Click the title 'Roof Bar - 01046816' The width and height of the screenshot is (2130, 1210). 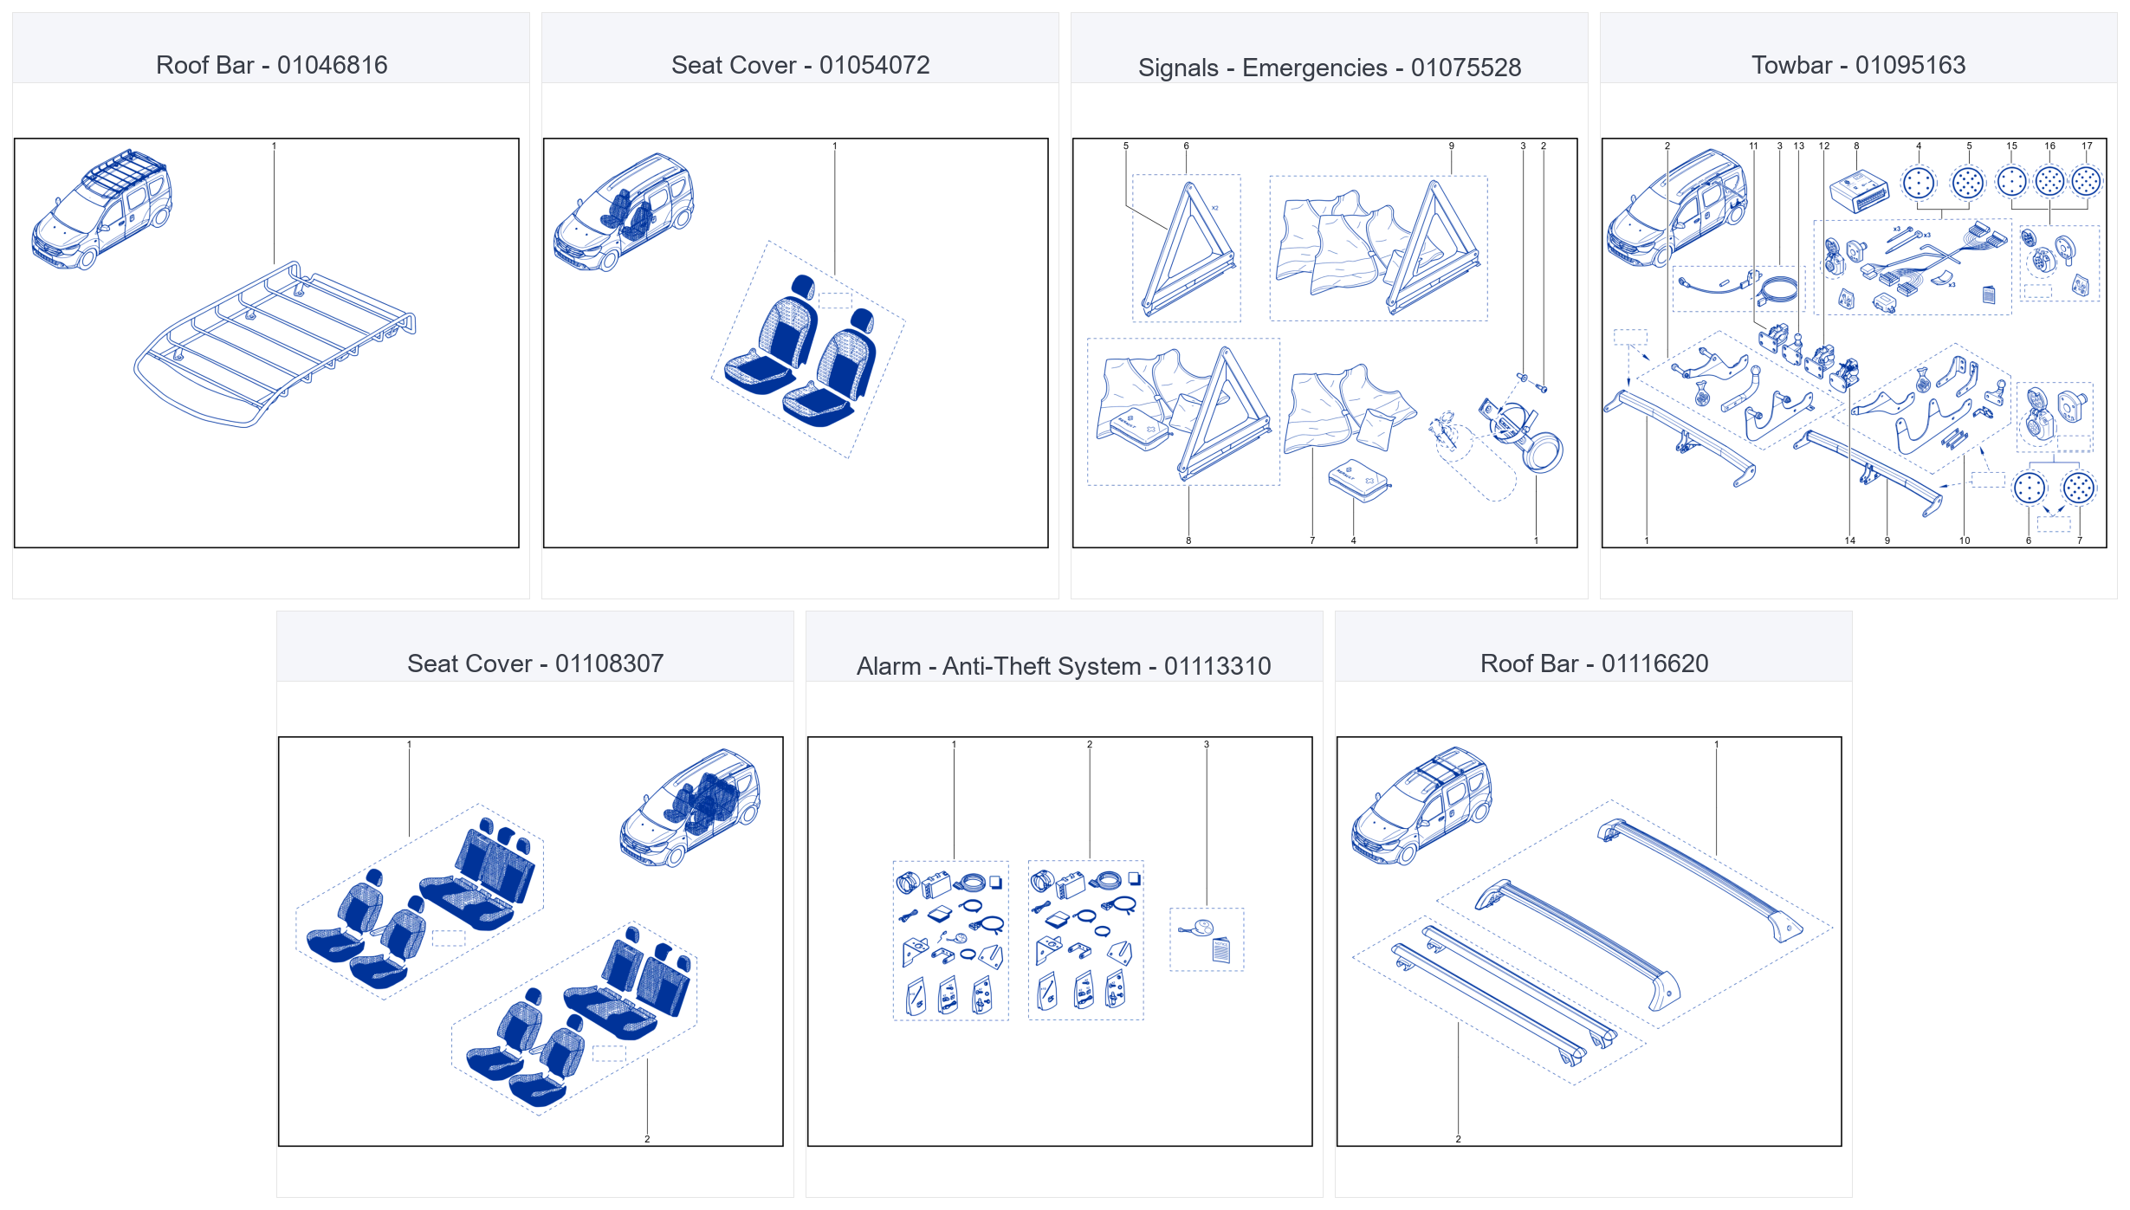[271, 65]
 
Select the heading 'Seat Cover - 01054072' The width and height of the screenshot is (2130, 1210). [800, 65]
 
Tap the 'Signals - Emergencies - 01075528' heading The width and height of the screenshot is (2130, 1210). [1330, 68]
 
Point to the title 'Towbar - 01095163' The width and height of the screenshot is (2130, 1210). [1858, 65]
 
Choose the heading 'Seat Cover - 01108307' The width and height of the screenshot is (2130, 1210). [535, 663]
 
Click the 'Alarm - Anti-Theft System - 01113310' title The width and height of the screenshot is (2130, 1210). [1064, 666]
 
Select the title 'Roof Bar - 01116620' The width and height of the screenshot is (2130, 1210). [1594, 663]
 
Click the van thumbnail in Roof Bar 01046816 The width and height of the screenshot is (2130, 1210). [101, 209]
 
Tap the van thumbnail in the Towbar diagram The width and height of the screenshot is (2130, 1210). [1677, 208]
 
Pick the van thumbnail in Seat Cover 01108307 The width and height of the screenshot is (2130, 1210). [689, 807]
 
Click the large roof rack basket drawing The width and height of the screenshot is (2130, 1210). [275, 344]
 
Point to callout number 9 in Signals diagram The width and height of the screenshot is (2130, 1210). [1452, 146]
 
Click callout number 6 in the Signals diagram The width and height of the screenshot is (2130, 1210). [1187, 146]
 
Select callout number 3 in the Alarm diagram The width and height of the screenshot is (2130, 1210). [1207, 745]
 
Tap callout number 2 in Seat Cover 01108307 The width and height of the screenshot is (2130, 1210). [647, 1139]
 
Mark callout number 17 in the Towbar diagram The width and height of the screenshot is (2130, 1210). [2087, 146]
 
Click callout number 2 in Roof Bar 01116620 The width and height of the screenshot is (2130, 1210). [1459, 1139]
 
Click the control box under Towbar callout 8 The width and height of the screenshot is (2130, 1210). [1859, 191]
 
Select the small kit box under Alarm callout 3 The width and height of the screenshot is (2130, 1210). [1207, 940]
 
